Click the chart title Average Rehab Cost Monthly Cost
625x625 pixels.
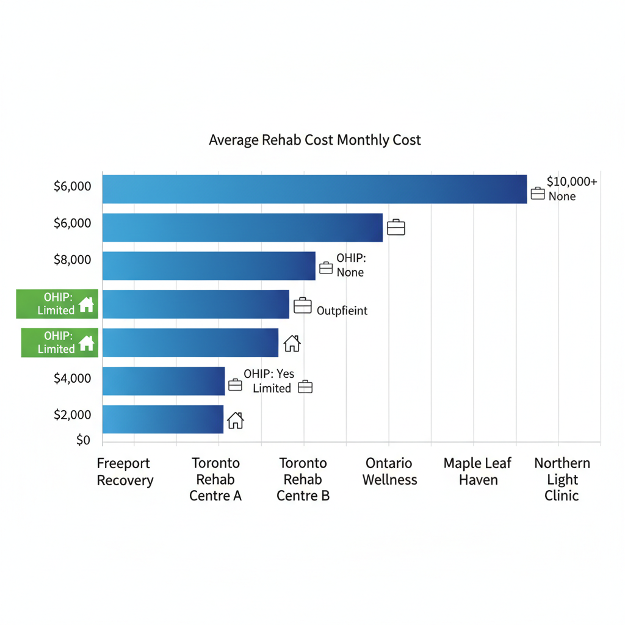pos(314,140)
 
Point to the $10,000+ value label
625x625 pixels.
pos(572,181)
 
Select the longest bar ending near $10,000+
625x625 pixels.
pos(314,189)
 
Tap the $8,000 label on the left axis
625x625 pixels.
pos(73,260)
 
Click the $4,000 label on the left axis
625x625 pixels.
pos(73,378)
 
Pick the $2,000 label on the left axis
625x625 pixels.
pos(73,415)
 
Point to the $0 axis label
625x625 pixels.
pos(83,440)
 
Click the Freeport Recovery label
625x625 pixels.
pos(125,472)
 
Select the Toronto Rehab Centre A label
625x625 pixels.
pos(215,479)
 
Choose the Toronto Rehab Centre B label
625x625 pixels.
pos(303,479)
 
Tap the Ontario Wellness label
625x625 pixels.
pos(389,472)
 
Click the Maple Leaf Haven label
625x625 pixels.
pos(478,472)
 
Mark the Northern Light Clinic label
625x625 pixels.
pos(562,479)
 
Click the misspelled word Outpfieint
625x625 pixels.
pos(342,311)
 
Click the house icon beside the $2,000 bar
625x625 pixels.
pos(235,420)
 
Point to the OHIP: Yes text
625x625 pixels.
pos(269,374)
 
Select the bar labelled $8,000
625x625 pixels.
pos(208,266)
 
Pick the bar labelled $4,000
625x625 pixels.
pos(163,381)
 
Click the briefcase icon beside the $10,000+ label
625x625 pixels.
pos(538,193)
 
